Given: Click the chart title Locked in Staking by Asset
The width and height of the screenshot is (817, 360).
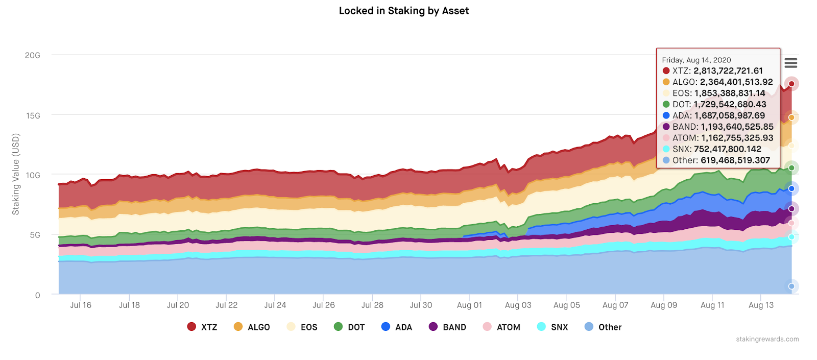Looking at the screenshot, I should pyautogui.click(x=403, y=11).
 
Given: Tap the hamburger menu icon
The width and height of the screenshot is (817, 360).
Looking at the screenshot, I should pyautogui.click(x=791, y=63).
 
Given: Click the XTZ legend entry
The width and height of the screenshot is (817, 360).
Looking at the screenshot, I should pyautogui.click(x=203, y=327).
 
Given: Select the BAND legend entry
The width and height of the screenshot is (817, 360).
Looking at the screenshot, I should pyautogui.click(x=448, y=327).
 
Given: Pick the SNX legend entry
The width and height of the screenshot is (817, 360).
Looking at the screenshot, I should pyautogui.click(x=553, y=327).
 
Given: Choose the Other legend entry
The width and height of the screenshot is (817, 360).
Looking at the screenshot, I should pyautogui.click(x=603, y=327).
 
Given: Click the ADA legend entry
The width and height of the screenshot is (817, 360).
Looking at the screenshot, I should pyautogui.click(x=397, y=327).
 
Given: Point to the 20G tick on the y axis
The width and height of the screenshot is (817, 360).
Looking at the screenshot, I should pyautogui.click(x=33, y=55).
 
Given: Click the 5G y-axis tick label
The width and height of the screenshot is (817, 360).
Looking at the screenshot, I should pyautogui.click(x=35, y=235).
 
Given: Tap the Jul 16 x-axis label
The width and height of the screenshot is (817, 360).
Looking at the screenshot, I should pyautogui.click(x=81, y=305).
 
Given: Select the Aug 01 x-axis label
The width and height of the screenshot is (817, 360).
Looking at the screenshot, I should pyautogui.click(x=469, y=305).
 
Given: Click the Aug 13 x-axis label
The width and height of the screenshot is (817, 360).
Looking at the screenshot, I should pyautogui.click(x=761, y=305).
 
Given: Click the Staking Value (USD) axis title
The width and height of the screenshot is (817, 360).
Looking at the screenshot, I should pyautogui.click(x=16, y=174).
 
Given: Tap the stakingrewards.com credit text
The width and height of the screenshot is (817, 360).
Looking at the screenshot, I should pyautogui.click(x=767, y=339).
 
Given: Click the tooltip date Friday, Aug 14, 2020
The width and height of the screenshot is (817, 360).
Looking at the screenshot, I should pyautogui.click(x=696, y=60).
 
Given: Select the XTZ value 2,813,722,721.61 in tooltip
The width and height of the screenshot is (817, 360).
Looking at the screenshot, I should pyautogui.click(x=728, y=71).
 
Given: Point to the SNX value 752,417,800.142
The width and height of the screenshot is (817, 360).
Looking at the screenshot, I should pyautogui.click(x=727, y=149).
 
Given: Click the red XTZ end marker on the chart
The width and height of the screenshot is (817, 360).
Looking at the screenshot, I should pyautogui.click(x=791, y=84).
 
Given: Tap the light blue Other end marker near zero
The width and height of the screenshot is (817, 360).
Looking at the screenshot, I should pyautogui.click(x=791, y=286).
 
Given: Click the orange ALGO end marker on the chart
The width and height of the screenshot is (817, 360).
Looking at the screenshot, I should pyautogui.click(x=791, y=117).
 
